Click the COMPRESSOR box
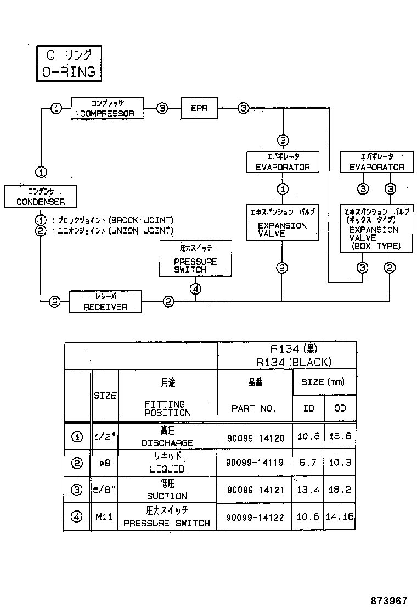tap(107, 108)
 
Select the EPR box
tap(199, 108)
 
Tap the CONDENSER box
tap(41, 196)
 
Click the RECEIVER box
tap(105, 302)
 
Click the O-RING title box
tap(69, 63)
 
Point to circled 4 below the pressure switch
tap(196, 288)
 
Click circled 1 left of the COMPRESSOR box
tap(56, 109)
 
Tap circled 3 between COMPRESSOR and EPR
tap(162, 109)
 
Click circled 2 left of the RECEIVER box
tap(54, 302)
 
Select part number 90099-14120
tap(255, 438)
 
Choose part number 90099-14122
tap(255, 517)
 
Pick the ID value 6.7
tap(308, 463)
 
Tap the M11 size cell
tap(105, 517)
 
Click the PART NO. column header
tap(254, 408)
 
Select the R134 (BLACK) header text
tap(294, 362)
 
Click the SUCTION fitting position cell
tap(167, 490)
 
